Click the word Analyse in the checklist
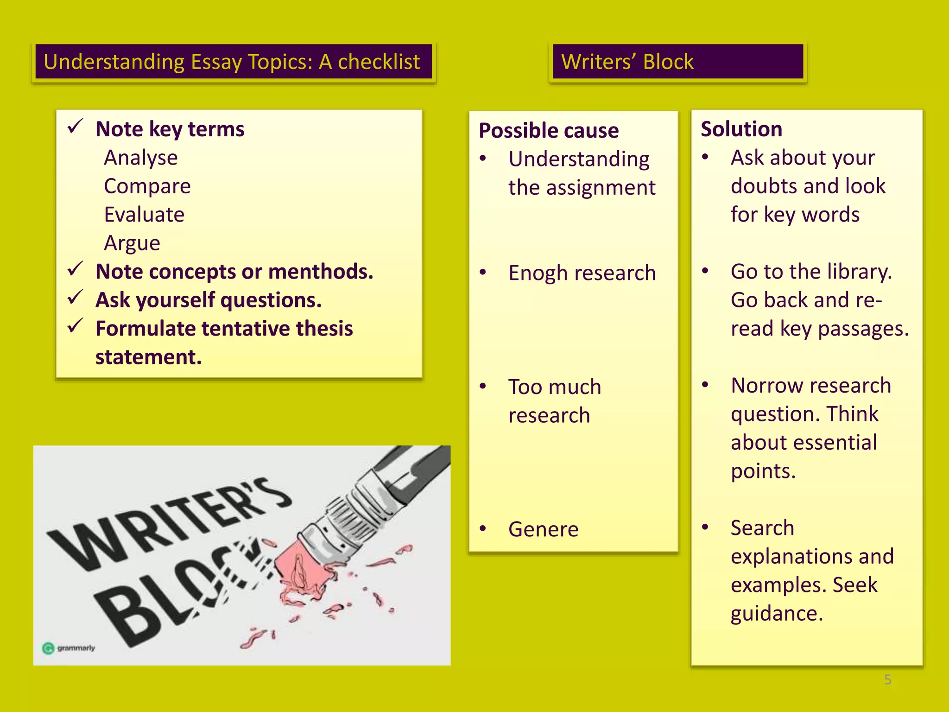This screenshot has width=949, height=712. [x=141, y=158]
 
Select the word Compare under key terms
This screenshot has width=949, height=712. [x=147, y=186]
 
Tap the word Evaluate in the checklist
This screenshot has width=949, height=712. [x=144, y=215]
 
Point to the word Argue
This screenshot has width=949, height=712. [x=132, y=243]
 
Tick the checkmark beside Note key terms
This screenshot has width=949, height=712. [x=75, y=126]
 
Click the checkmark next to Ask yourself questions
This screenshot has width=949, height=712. [x=75, y=297]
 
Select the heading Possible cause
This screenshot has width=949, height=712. [x=549, y=130]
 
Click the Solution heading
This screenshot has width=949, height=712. [x=741, y=129]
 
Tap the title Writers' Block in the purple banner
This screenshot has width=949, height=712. [x=627, y=62]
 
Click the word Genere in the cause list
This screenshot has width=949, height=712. [x=543, y=529]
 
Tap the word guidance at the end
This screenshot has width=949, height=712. [x=777, y=614]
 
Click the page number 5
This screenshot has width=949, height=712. [x=887, y=680]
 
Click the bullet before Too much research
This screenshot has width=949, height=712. [x=483, y=386]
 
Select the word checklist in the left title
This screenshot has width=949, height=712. [x=379, y=62]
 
